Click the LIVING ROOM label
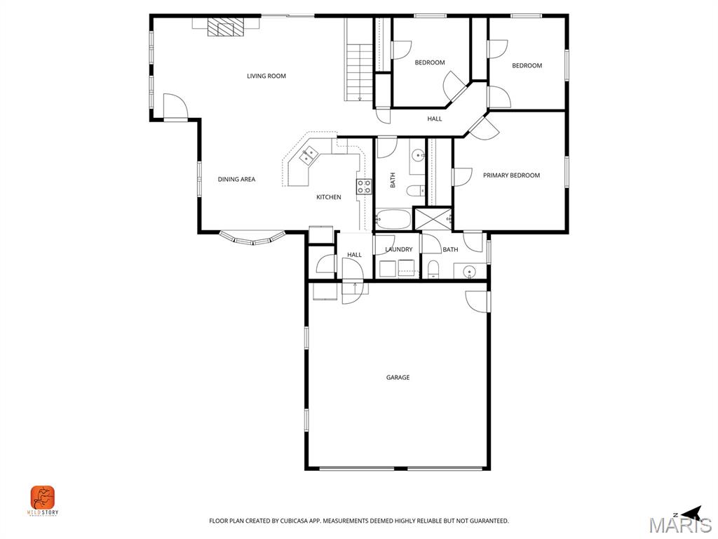266,76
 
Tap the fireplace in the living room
226,27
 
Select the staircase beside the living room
359,70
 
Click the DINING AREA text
236,180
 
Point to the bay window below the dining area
252,239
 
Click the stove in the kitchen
364,186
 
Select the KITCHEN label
328,197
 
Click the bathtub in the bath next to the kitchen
393,219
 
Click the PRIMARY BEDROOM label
511,175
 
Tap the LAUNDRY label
399,250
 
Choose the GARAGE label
398,378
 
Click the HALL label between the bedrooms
435,119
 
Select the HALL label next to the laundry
355,255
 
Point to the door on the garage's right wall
480,300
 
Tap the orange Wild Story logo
43,498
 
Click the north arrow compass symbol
690,513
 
